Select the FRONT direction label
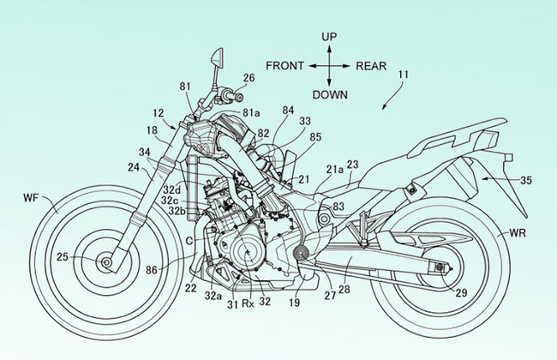point(285,65)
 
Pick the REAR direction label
point(370,65)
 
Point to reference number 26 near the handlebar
point(249,78)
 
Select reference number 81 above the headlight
point(186,86)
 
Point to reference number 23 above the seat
point(352,164)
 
